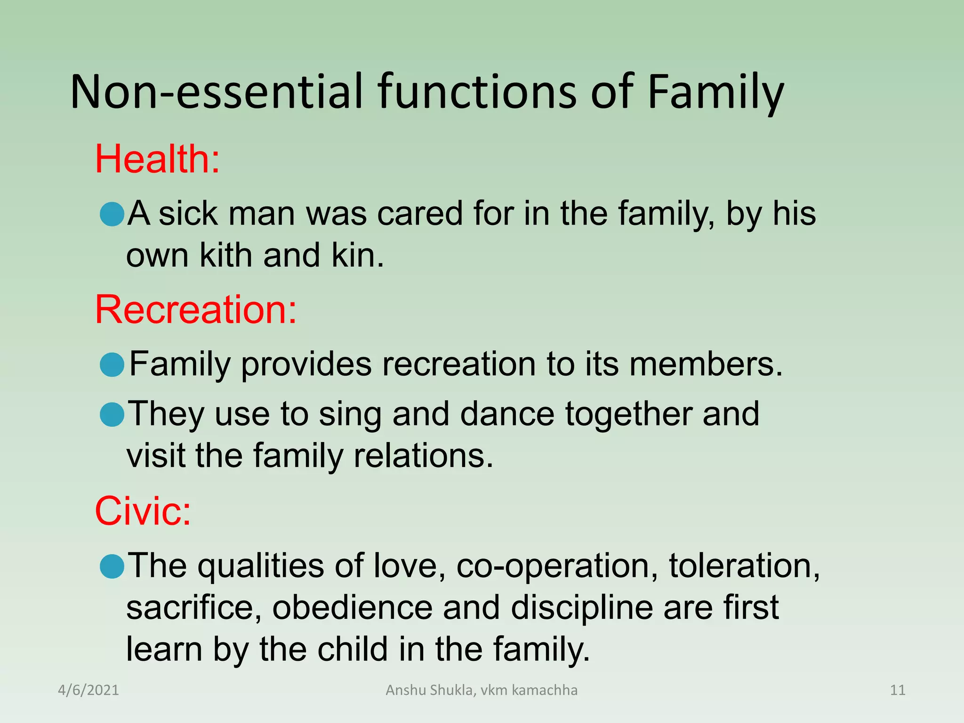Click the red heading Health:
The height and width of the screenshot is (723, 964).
point(157,159)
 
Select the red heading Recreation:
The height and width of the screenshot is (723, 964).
point(196,310)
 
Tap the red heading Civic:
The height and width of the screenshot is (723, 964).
point(143,511)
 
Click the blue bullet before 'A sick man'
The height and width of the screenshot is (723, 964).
point(112,214)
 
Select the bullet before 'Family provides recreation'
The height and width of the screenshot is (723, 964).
point(112,365)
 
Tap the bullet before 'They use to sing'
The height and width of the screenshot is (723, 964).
point(112,415)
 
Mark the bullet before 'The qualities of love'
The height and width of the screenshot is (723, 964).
point(112,566)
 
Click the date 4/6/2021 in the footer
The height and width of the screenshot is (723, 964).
point(88,690)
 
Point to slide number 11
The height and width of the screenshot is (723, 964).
point(898,690)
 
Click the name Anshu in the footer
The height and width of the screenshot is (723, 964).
point(406,690)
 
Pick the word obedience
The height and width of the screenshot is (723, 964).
point(352,607)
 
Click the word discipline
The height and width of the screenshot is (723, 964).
point(582,607)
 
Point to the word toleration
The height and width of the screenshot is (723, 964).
point(744,566)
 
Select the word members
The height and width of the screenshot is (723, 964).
point(706,365)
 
